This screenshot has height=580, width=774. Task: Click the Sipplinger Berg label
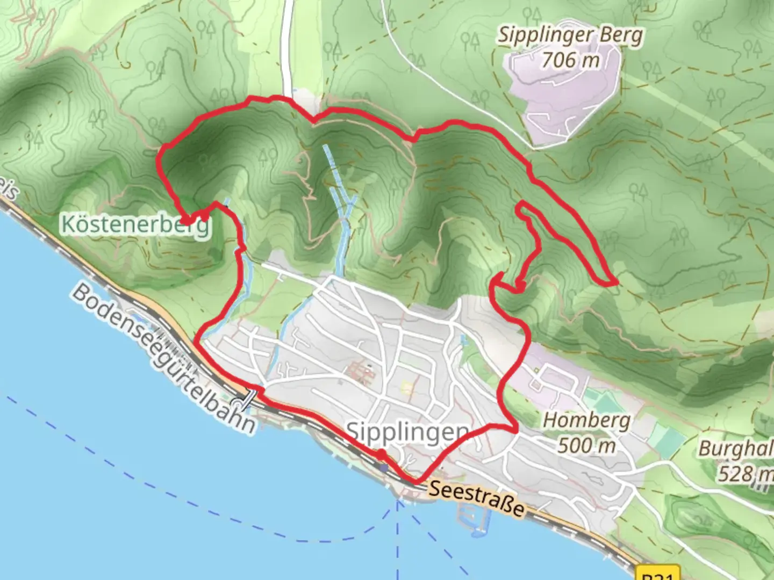click(x=570, y=36)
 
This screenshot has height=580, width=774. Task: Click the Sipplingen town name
click(x=407, y=431)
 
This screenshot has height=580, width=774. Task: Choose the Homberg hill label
click(x=586, y=421)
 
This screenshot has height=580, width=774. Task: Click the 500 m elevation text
click(x=586, y=445)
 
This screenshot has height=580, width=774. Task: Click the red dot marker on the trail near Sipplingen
click(x=381, y=455)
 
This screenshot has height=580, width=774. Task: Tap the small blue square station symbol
click(x=383, y=468)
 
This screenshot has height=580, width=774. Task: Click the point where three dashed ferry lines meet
click(x=398, y=503)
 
